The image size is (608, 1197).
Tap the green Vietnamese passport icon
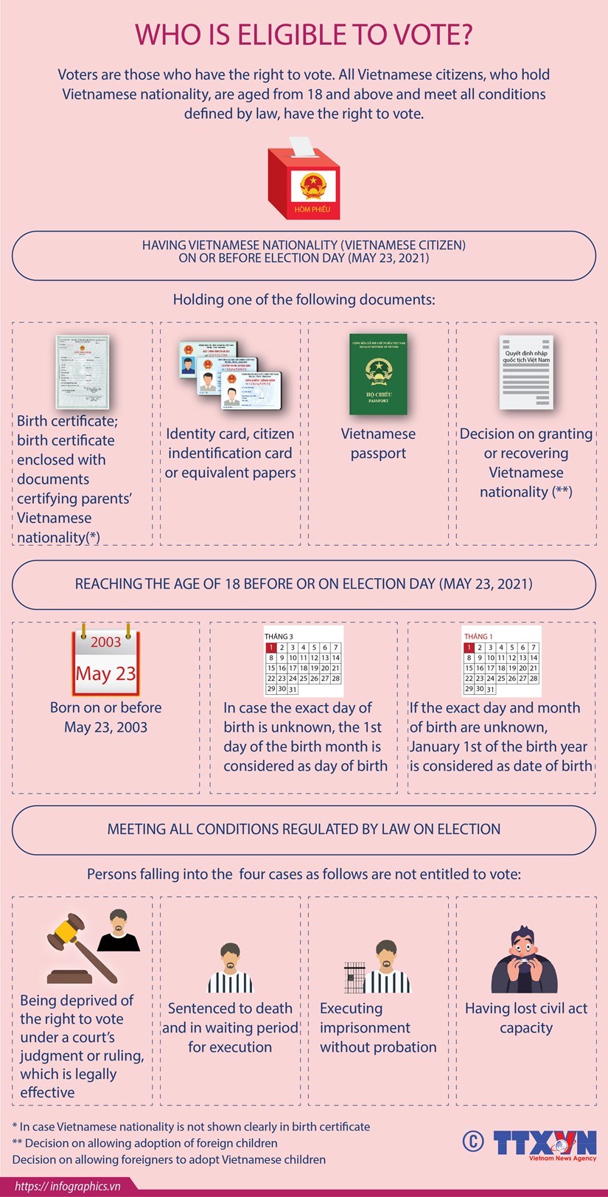(x=378, y=375)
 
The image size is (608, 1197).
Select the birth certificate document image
(x=83, y=372)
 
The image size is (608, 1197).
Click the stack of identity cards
(x=229, y=374)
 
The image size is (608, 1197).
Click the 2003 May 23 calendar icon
(x=105, y=662)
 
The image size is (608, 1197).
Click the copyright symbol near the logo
(x=472, y=1141)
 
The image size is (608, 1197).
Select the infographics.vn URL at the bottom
(x=67, y=1187)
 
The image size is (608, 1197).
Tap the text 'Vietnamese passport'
(x=378, y=443)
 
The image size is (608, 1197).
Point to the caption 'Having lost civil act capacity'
(x=525, y=1018)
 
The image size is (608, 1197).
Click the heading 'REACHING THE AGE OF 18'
(x=304, y=584)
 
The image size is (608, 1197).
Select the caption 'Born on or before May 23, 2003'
(x=105, y=717)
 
